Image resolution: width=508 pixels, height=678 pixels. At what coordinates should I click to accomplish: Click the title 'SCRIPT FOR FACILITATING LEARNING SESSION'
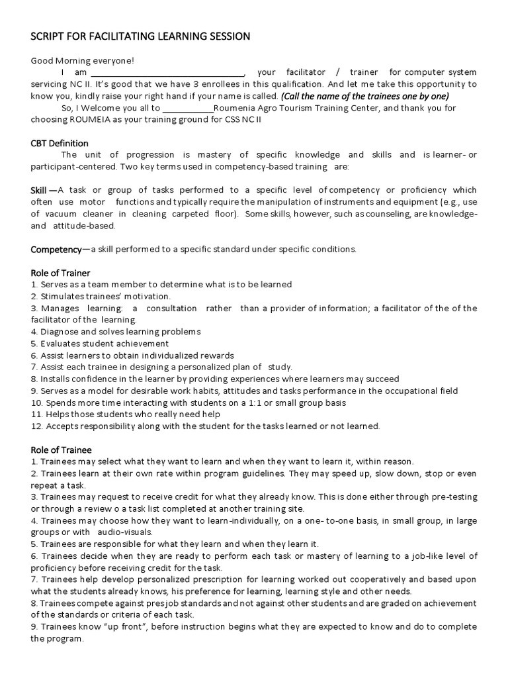pyautogui.click(x=140, y=36)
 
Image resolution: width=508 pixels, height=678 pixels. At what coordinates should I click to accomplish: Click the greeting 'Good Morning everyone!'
pyautogui.click(x=83, y=60)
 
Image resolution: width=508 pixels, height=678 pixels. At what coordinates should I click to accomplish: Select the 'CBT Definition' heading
pyautogui.click(x=60, y=143)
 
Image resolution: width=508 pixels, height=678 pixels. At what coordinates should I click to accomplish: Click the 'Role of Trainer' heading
pyautogui.click(x=61, y=273)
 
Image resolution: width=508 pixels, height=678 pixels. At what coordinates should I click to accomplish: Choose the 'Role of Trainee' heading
pyautogui.click(x=62, y=450)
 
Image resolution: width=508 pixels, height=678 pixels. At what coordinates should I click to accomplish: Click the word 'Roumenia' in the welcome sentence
pyautogui.click(x=233, y=108)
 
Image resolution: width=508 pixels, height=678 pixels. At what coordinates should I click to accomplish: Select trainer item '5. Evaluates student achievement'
pyautogui.click(x=100, y=344)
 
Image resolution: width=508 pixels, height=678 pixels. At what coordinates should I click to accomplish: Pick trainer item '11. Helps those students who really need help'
pyautogui.click(x=126, y=414)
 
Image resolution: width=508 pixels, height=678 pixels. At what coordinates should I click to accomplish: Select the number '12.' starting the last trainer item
pyautogui.click(x=37, y=426)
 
